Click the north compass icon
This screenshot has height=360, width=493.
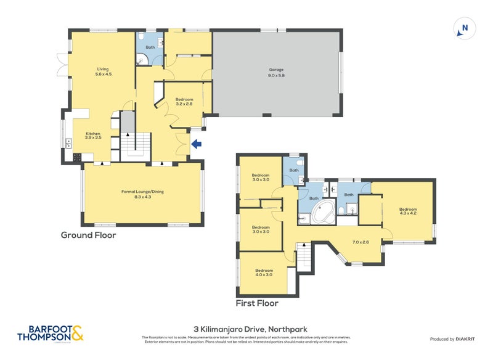tap(465, 28)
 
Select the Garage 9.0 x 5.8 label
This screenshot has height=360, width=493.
tap(275, 72)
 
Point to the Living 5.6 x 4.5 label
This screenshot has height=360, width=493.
tap(102, 72)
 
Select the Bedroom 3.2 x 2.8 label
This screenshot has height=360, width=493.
tap(184, 102)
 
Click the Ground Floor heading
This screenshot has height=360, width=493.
tap(88, 235)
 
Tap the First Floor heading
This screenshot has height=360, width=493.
tap(257, 303)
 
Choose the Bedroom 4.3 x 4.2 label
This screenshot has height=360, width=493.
tap(407, 211)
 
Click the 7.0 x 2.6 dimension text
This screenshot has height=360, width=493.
tap(360, 242)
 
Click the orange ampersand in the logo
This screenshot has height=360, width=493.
tap(76, 334)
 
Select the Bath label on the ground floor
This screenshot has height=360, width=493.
tap(150, 47)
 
